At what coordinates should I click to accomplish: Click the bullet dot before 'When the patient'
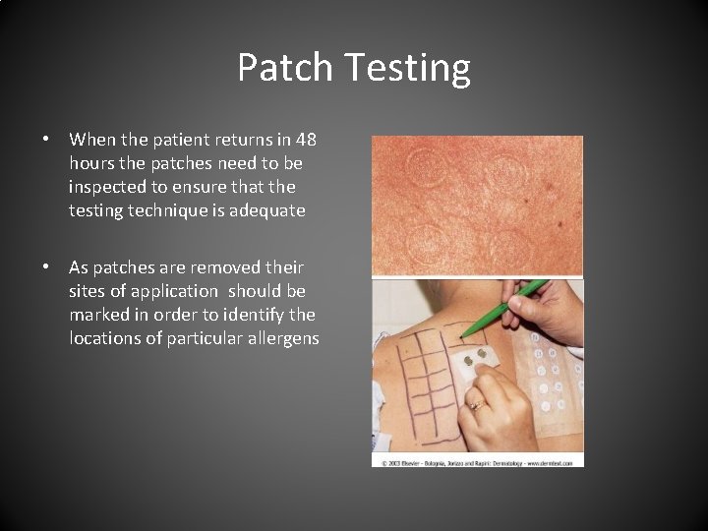click(x=45, y=140)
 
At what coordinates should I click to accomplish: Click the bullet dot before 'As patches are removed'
click(x=45, y=267)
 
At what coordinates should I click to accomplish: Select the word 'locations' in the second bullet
click(x=104, y=337)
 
